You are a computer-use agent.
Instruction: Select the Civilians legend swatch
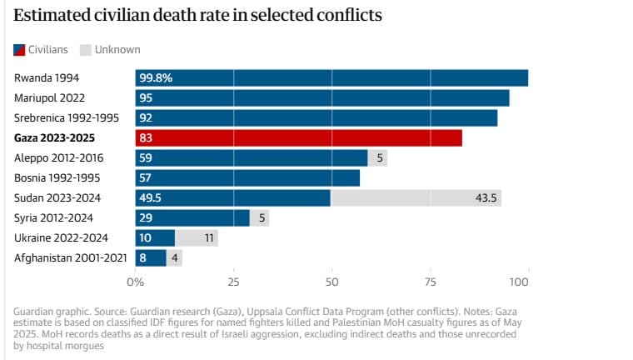pos(19,50)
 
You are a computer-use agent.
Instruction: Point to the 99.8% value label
pos(156,77)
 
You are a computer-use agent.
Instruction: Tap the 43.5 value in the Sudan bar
pos(486,197)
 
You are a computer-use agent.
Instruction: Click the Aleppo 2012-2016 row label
pos(58,157)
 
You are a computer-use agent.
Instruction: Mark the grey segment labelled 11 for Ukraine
pos(197,237)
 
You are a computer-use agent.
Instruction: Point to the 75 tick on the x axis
pos(430,282)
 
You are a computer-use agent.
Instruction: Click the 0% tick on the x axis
pos(136,282)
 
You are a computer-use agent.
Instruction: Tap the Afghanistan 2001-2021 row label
pos(71,257)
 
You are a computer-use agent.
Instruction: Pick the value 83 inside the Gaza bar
pos(146,137)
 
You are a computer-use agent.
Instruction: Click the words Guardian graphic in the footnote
pos(47,311)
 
